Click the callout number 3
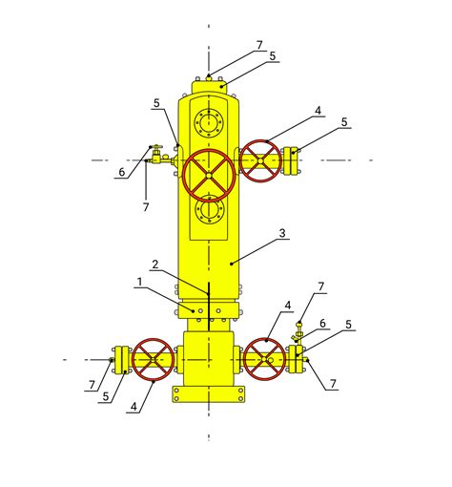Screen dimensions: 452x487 point(282,233)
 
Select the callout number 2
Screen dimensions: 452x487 point(155,265)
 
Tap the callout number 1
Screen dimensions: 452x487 point(139,282)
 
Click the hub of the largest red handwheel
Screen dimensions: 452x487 point(209,176)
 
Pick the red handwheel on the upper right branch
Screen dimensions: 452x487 point(260,160)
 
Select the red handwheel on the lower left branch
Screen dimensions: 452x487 point(153,359)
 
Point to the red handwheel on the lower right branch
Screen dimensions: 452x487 point(264,359)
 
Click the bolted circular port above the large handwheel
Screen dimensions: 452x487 point(209,122)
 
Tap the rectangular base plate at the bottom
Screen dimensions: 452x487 point(209,394)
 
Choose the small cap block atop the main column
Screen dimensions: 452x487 point(209,87)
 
